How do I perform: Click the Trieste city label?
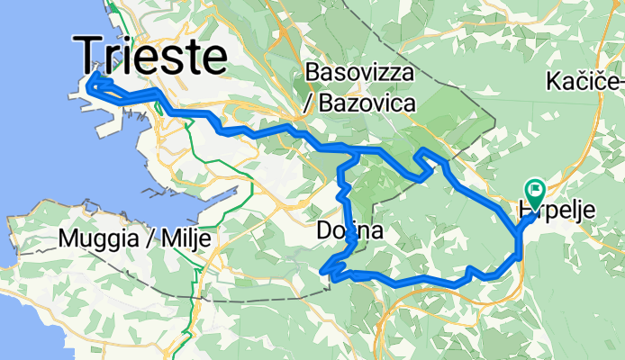coord(149,55)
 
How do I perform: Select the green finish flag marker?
coord(535,190)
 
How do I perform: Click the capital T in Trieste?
coord(88,55)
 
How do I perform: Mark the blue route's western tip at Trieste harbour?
coord(89,86)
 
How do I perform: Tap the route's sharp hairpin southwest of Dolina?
coord(324,267)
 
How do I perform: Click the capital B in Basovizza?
coord(312,72)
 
